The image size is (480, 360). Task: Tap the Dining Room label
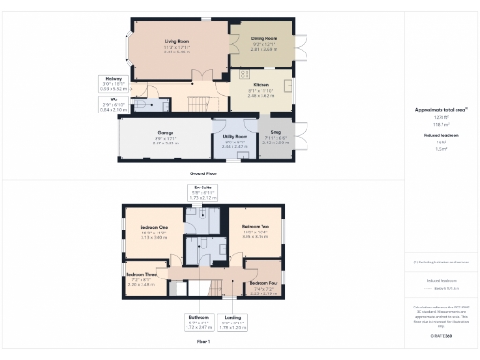click(264, 40)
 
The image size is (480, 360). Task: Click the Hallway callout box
click(112, 82)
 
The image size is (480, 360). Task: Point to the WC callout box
click(112, 105)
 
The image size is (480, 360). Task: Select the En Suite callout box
click(203, 192)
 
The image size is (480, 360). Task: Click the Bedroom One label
click(154, 232)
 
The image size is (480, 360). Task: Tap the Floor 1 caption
click(203, 342)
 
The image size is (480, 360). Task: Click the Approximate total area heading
click(441, 109)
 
